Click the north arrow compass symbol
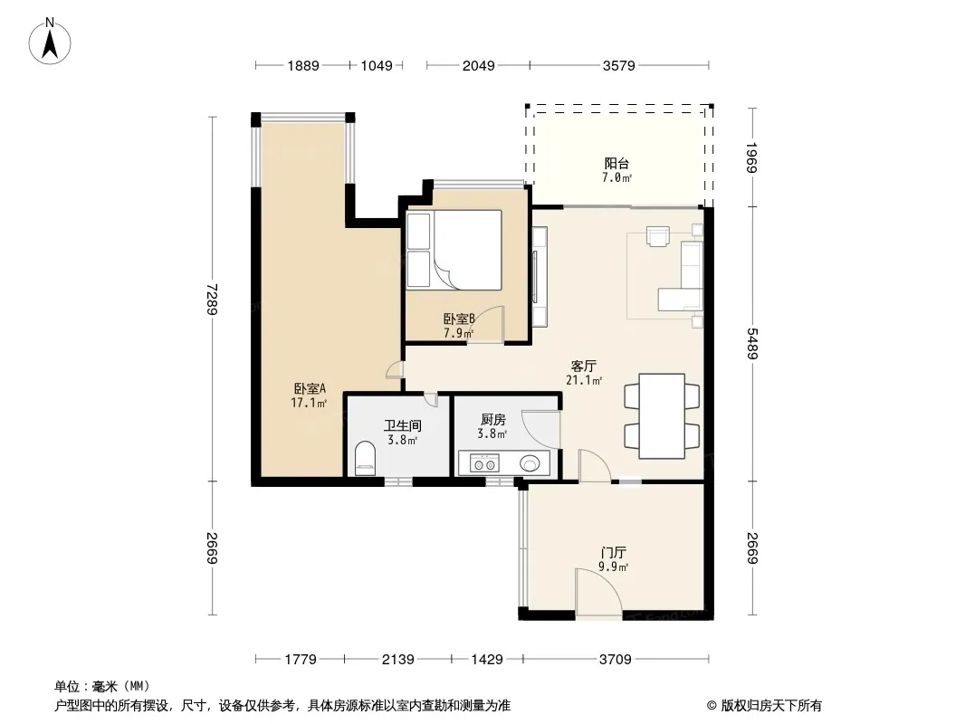click(50, 42)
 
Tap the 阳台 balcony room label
click(616, 164)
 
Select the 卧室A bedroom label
click(309, 389)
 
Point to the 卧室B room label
click(459, 319)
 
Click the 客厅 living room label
click(583, 367)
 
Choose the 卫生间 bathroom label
click(403, 425)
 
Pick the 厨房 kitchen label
click(493, 420)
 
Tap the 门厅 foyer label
click(614, 552)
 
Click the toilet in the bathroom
click(365, 458)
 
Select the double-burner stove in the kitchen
click(484, 462)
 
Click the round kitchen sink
click(530, 463)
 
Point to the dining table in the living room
click(662, 415)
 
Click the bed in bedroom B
click(454, 250)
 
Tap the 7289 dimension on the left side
click(212, 299)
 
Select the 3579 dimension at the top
click(618, 65)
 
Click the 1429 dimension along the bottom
click(487, 660)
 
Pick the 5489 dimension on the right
click(752, 344)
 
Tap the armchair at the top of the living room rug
click(658, 236)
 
